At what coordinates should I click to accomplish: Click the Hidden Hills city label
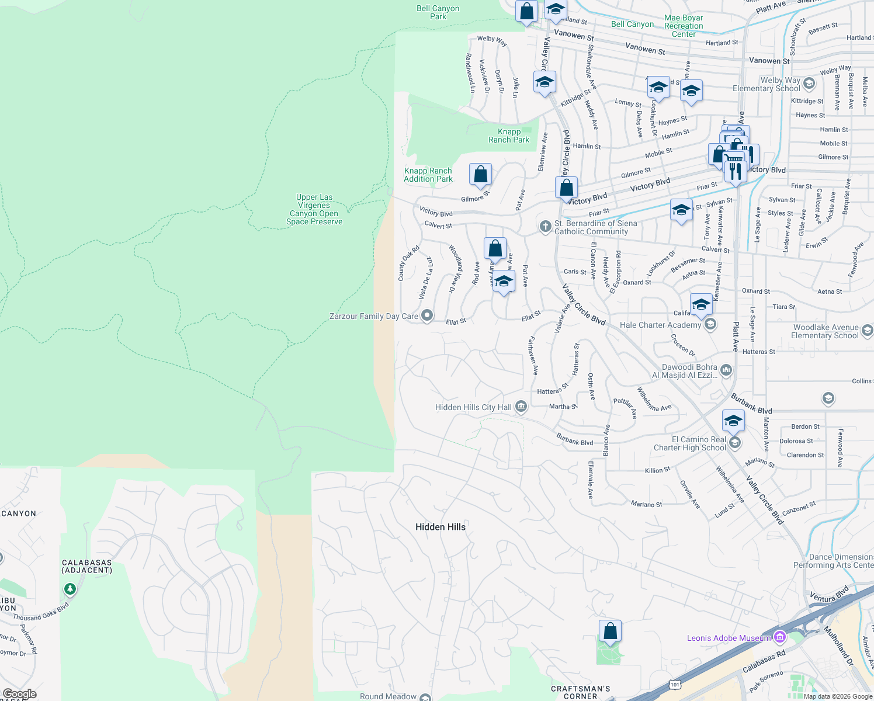click(x=441, y=527)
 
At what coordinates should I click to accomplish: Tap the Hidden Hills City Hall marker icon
click(x=521, y=407)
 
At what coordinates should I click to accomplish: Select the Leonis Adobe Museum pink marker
click(x=779, y=637)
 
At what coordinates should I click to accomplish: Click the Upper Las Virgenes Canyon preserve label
click(x=314, y=210)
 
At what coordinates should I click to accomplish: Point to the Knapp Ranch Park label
click(x=509, y=136)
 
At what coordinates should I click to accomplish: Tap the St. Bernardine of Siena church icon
click(x=545, y=227)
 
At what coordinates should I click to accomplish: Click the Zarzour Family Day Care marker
click(x=427, y=316)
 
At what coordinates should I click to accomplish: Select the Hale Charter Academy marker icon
click(x=710, y=324)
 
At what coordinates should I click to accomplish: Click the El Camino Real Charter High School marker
click(x=735, y=443)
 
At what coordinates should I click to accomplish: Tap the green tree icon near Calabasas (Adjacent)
click(x=70, y=588)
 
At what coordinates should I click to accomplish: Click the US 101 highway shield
click(x=675, y=683)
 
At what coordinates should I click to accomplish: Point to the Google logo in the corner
click(x=19, y=694)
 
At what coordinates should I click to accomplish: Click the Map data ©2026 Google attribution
click(x=837, y=696)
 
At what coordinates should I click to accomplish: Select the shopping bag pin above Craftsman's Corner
click(x=610, y=631)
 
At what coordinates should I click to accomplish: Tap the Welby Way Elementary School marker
click(x=809, y=83)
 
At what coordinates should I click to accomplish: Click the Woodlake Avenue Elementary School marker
click(x=867, y=331)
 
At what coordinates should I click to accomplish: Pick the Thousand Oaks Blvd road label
click(x=41, y=613)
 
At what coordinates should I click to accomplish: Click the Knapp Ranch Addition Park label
click(x=428, y=175)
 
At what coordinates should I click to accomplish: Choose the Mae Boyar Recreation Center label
click(x=684, y=26)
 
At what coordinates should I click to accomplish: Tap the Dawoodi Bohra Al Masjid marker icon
click(x=726, y=370)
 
